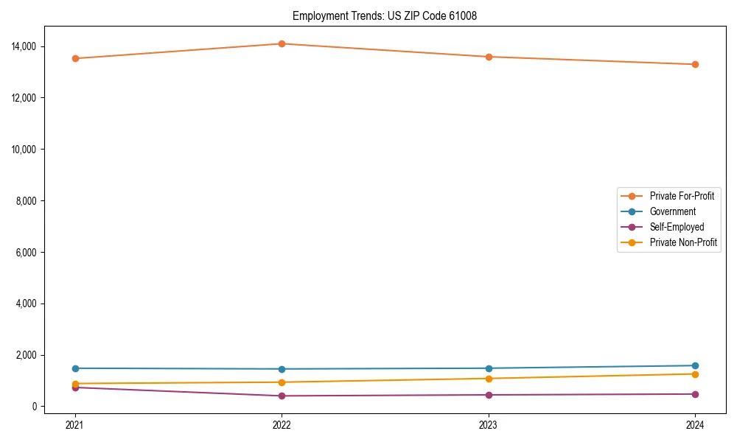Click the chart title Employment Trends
tap(385, 15)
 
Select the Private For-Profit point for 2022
tap(282, 43)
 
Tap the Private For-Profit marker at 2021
tap(75, 58)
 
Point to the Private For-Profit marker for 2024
tap(695, 64)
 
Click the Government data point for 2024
tap(695, 365)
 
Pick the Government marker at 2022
tap(282, 369)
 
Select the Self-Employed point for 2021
tap(75, 387)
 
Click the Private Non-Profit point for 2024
tap(695, 374)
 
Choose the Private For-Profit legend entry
tap(681, 196)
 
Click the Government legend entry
tap(672, 211)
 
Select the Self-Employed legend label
tap(677, 227)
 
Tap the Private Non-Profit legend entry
tap(683, 242)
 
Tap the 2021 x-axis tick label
tap(75, 424)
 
